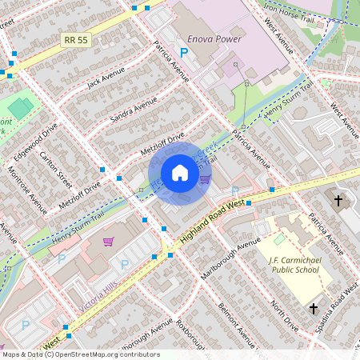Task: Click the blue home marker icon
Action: [x=180, y=174]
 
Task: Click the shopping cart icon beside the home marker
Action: [x=205, y=179]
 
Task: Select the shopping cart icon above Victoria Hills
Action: [x=108, y=242]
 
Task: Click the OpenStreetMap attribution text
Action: [x=80, y=354]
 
